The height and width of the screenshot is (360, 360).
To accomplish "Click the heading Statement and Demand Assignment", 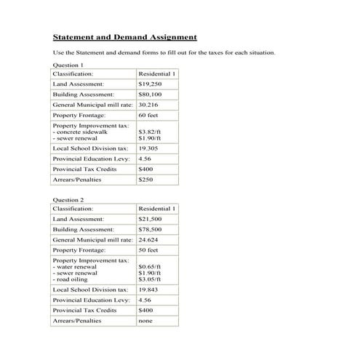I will pyautogui.click(x=125, y=37).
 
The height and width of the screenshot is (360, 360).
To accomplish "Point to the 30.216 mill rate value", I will pyautogui.click(x=148, y=105).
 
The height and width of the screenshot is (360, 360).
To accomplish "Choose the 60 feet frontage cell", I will pyautogui.click(x=148, y=116).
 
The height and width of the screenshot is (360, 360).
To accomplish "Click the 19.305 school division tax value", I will pyautogui.click(x=148, y=148).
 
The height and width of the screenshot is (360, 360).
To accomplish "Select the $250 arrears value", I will pyautogui.click(x=145, y=179).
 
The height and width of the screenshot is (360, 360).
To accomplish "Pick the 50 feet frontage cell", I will pyautogui.click(x=148, y=250).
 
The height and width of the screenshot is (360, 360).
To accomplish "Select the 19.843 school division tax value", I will pyautogui.click(x=148, y=289).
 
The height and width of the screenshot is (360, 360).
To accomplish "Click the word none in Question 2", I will pyautogui.click(x=145, y=321).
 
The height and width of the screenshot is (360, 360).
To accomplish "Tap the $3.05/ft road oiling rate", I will pyautogui.click(x=149, y=279).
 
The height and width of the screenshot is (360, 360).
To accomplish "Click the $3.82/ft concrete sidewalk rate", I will pyautogui.click(x=149, y=132).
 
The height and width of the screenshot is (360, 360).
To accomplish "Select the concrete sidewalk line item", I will pyautogui.click(x=81, y=132).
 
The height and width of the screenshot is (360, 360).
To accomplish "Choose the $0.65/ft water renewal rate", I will pyautogui.click(x=149, y=266).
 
